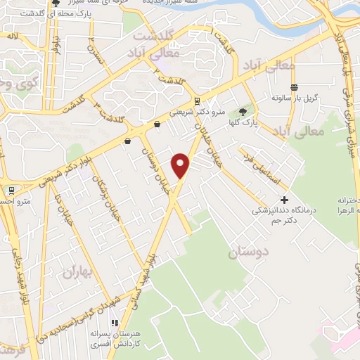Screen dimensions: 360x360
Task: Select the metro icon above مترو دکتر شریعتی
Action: pyautogui.click(x=197, y=100)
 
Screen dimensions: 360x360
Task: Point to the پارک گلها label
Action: pyautogui.click(x=247, y=122)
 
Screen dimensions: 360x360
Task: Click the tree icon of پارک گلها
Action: pyautogui.click(x=243, y=110)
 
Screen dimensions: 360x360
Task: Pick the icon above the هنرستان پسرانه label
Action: pyautogui.click(x=115, y=323)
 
